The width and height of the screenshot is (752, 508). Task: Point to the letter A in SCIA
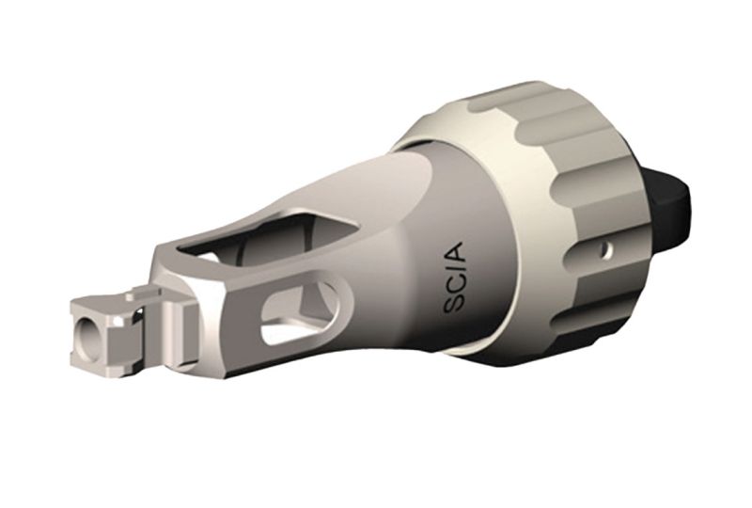tap(459, 251)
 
